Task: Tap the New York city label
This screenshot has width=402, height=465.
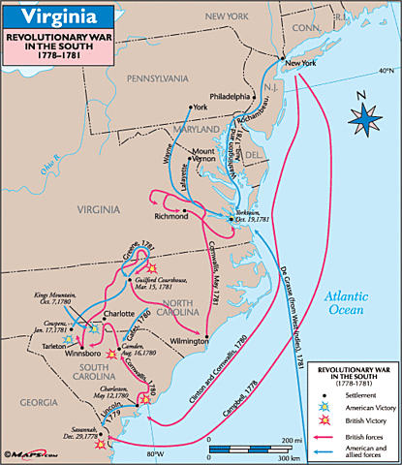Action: click(x=298, y=64)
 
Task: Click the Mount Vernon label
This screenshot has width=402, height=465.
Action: click(x=202, y=156)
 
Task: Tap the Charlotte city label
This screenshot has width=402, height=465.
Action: click(x=119, y=314)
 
